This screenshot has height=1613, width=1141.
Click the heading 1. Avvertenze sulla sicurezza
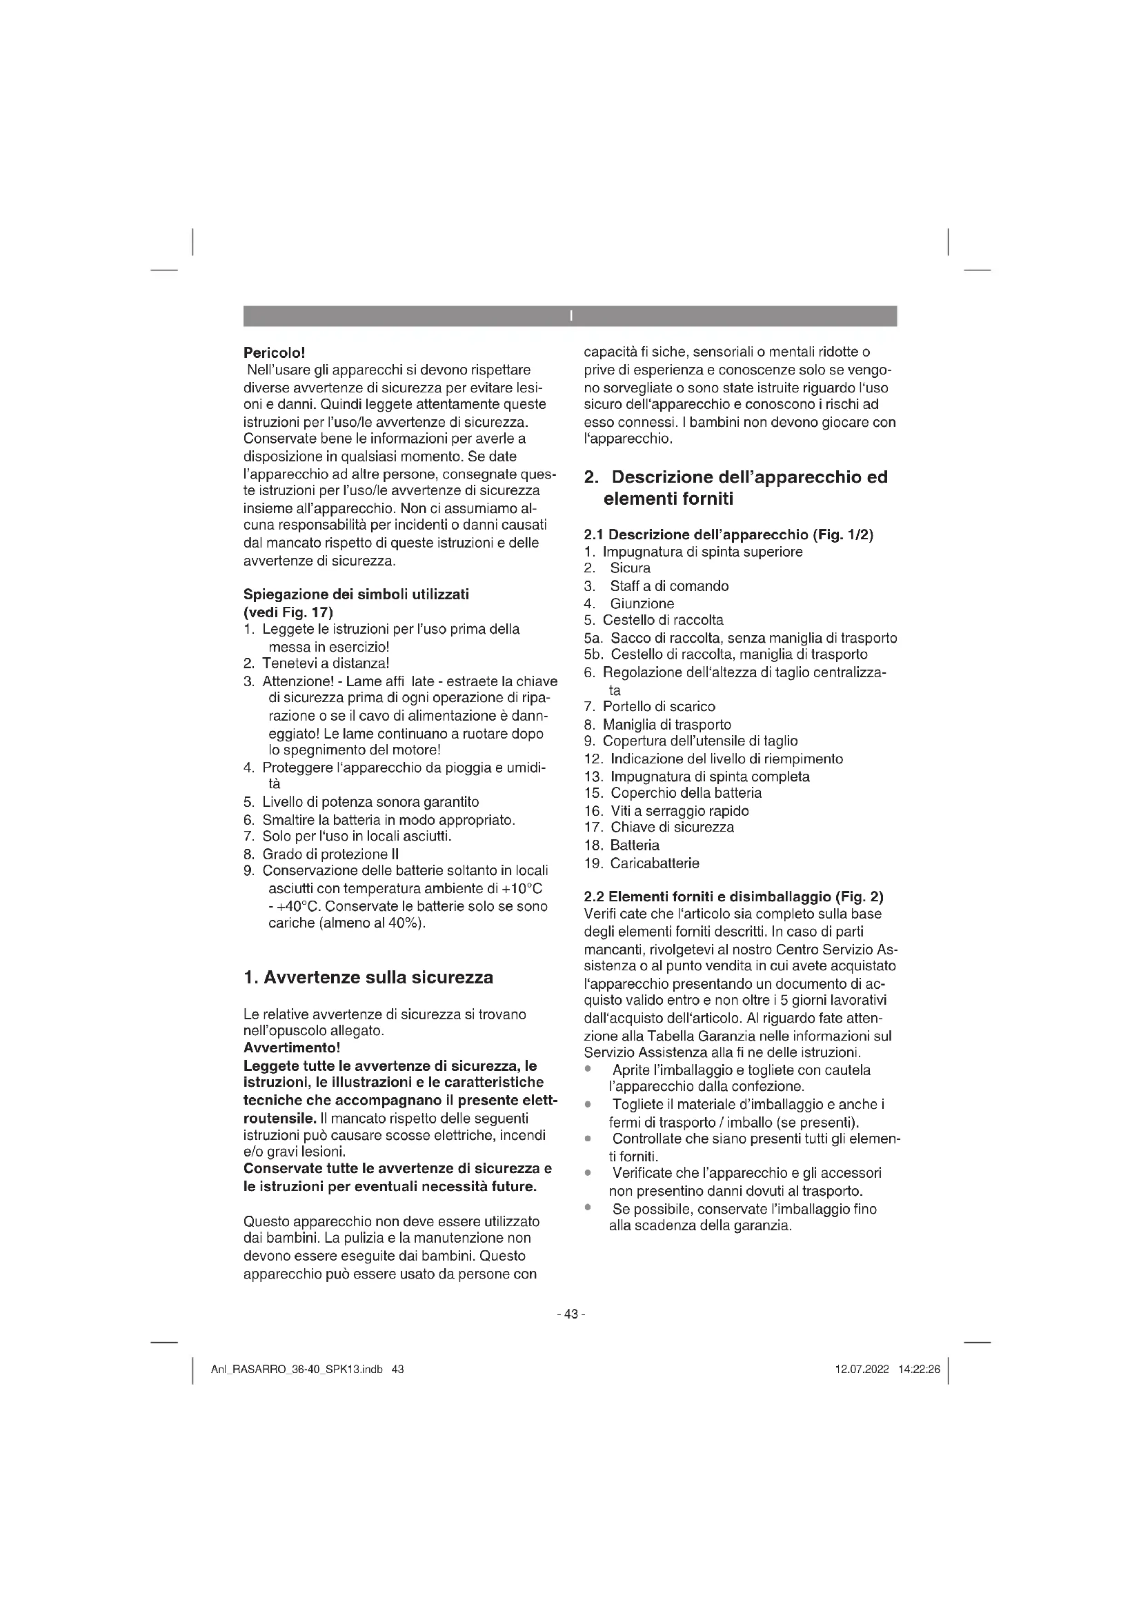pos(368,977)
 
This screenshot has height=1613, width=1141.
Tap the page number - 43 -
pos(570,1314)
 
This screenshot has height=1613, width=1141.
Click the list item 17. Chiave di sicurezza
pos(659,828)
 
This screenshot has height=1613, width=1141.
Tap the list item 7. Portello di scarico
pos(649,707)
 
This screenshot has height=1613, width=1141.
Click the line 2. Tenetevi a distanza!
pos(316,663)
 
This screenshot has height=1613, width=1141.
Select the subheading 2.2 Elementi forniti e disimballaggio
pos(733,897)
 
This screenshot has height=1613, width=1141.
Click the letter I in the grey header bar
pos(570,316)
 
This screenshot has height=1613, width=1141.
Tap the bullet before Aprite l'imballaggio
pos(588,1070)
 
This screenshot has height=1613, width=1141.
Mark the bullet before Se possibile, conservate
pos(588,1207)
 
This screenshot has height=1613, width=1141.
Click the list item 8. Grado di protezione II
pos(321,854)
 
